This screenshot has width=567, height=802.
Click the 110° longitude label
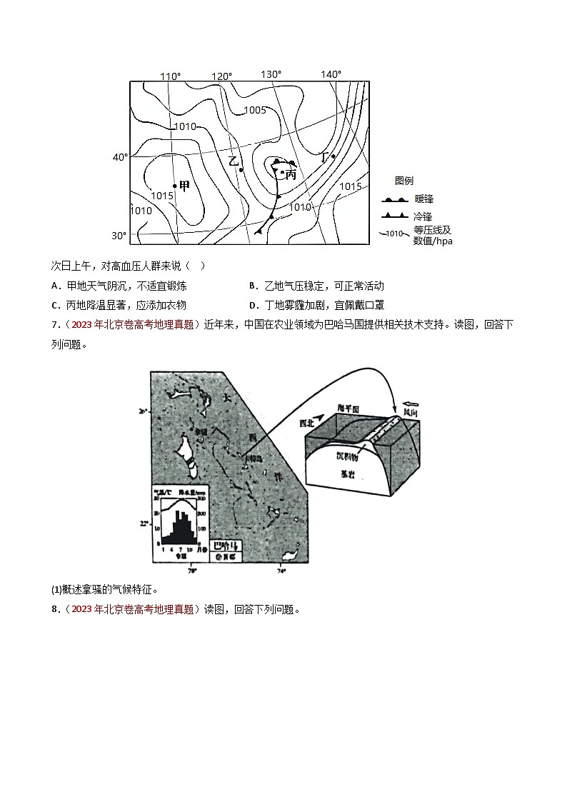[170, 76]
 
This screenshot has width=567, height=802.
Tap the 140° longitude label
[331, 74]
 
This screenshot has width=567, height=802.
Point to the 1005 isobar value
[255, 110]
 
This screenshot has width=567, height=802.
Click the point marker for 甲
[175, 186]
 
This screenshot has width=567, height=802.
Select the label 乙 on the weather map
[233, 161]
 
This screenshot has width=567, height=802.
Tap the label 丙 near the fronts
[291, 174]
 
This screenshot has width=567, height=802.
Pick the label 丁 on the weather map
[325, 157]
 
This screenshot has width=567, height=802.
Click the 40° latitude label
[120, 157]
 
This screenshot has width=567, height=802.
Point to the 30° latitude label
[119, 236]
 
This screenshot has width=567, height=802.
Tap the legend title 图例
[404, 181]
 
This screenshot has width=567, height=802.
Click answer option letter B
[253, 286]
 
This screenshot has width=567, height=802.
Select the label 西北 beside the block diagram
[306, 423]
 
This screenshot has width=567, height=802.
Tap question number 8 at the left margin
[55, 609]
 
